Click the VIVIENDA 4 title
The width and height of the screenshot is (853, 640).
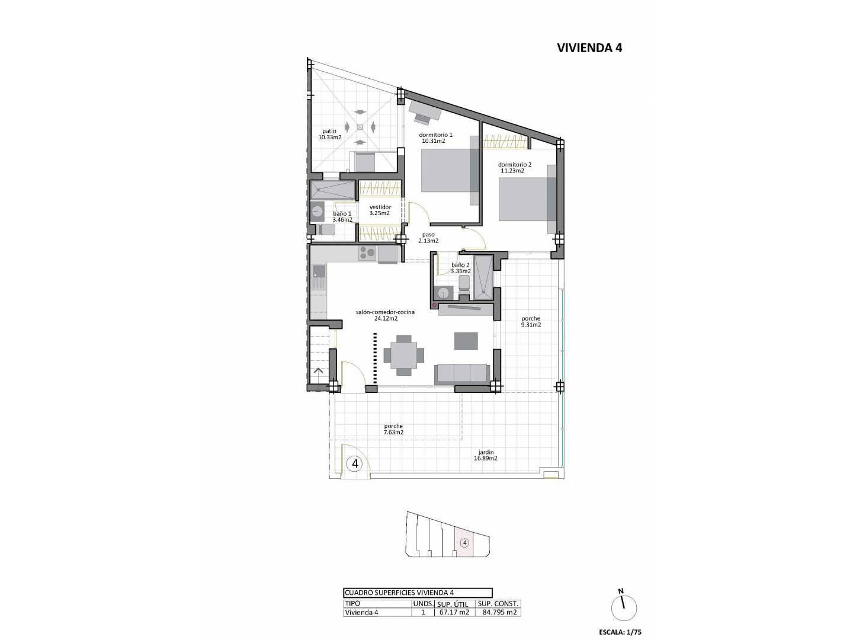coord(589,48)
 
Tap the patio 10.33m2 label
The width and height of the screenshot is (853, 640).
coord(330,134)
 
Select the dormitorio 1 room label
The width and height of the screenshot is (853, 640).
coord(435,138)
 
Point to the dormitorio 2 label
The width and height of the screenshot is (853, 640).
coord(514,168)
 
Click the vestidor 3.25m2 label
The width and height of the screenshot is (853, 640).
coord(380,210)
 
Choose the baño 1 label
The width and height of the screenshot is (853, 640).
coord(342,216)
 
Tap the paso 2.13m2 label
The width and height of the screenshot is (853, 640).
coord(428,238)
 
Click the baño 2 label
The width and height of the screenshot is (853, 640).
coord(461,268)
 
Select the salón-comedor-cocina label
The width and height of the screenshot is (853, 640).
coord(385,315)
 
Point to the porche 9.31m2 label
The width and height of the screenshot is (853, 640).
coord(531,322)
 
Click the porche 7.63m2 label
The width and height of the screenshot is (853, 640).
coord(393,429)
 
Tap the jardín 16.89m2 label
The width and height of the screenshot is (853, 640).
coord(486,455)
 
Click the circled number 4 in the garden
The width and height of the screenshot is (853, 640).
coord(354,463)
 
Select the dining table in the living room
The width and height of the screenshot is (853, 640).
coord(404,355)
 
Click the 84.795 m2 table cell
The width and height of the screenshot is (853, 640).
coord(499,612)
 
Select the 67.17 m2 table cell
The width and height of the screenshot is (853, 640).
coord(454,612)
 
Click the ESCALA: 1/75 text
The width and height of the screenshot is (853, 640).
coord(620,632)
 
